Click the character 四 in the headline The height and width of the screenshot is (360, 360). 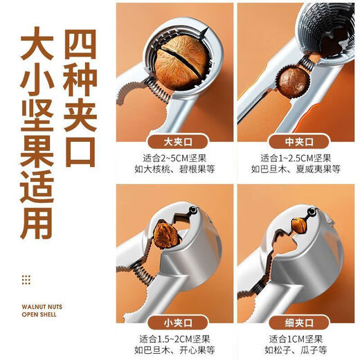(87, 43)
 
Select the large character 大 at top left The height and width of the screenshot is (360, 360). (31, 43)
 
